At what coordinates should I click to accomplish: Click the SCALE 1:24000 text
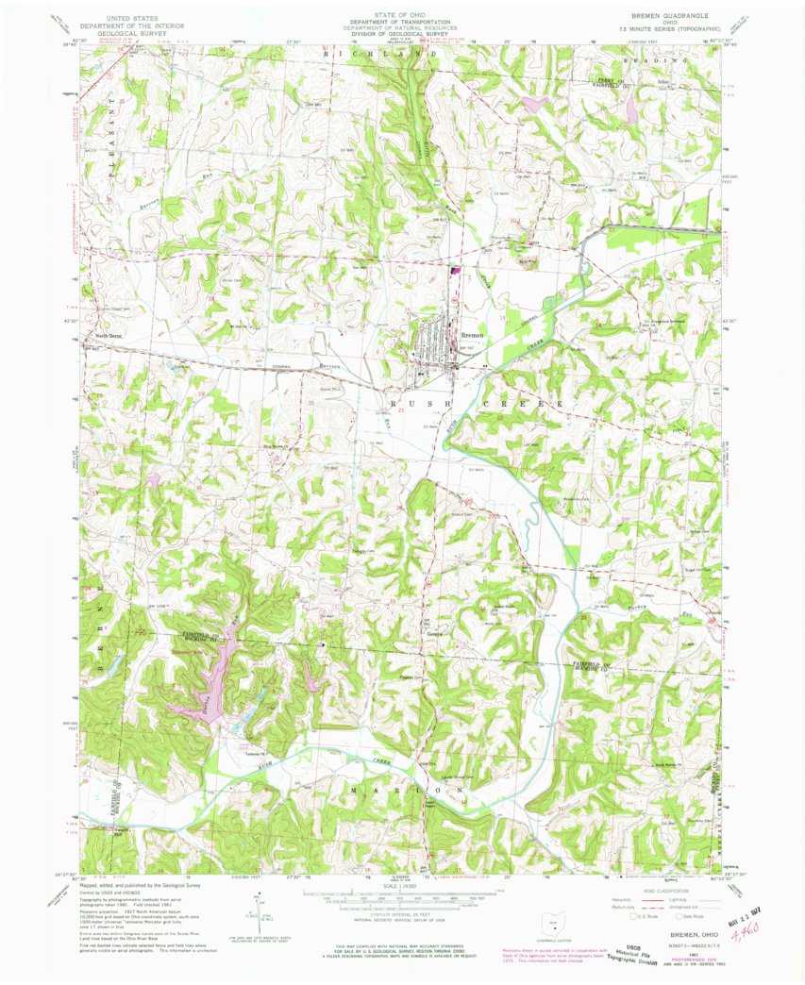pos(402,888)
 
